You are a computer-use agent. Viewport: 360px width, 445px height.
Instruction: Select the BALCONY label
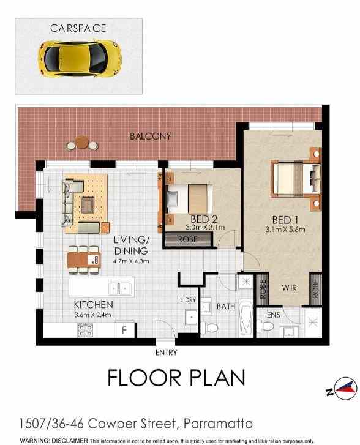[151, 136]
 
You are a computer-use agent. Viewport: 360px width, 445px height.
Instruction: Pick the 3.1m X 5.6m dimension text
[285, 230]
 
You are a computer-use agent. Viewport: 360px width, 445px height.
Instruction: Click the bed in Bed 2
[192, 196]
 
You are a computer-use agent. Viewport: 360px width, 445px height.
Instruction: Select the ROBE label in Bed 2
[187, 239]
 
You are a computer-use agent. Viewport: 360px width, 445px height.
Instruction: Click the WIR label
[290, 287]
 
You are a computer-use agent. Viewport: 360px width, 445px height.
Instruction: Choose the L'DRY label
[187, 300]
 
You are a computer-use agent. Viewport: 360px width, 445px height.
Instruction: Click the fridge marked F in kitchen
[124, 331]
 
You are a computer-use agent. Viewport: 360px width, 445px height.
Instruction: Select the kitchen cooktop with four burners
[86, 331]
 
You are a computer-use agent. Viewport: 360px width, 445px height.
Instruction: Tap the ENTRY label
[166, 352]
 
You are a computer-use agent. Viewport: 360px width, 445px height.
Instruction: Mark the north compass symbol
[341, 388]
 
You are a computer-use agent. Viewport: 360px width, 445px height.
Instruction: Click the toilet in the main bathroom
[211, 326]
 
